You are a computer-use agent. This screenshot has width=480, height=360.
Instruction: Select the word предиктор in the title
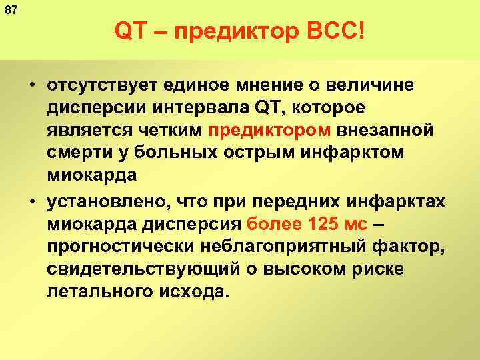(x=223, y=31)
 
